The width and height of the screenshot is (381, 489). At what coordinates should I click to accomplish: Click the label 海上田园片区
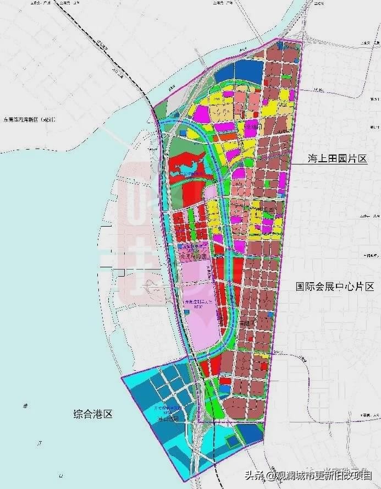point(336,158)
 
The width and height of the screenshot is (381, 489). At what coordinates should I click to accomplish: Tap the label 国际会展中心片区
point(334,287)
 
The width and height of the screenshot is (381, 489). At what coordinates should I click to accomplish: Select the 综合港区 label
point(93,414)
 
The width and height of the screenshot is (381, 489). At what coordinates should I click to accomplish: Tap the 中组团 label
point(269,210)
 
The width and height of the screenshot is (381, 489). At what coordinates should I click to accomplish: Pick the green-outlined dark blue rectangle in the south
point(234,440)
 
